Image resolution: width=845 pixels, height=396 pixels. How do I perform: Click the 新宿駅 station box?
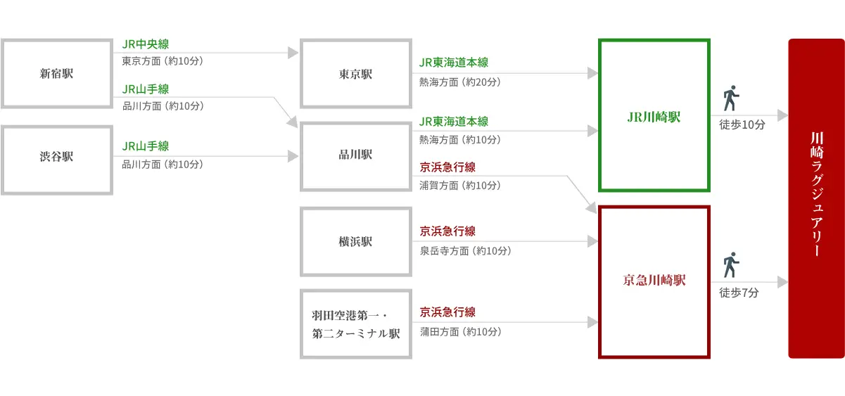point(56,74)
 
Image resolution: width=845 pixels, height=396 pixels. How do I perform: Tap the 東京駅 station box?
point(355,74)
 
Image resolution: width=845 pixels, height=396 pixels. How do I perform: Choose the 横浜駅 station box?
point(355,241)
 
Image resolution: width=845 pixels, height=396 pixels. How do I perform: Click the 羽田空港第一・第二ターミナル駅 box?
point(355,324)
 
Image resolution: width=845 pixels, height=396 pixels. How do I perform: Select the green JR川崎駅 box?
point(654,115)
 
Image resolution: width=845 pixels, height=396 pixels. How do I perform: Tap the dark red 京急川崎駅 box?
point(654,281)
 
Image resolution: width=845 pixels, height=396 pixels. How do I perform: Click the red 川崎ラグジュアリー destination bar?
point(815,198)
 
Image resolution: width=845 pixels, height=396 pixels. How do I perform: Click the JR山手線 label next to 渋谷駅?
point(146,146)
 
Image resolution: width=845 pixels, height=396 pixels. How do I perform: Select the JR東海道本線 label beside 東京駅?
point(454,63)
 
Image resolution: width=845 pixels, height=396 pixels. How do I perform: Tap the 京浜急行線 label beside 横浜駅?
point(447,231)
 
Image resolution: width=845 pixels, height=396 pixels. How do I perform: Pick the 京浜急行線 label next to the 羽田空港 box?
point(447,312)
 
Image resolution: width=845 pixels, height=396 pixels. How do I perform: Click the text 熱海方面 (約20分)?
point(460,82)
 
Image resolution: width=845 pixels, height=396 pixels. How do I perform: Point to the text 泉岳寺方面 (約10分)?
point(465,250)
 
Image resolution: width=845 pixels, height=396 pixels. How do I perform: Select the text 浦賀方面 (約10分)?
point(460,185)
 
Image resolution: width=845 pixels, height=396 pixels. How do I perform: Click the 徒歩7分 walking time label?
point(739,293)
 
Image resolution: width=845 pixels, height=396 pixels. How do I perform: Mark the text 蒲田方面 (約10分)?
point(460,331)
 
